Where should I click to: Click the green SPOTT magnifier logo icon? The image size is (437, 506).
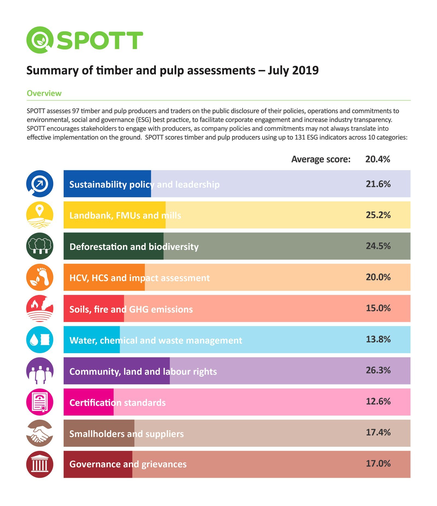pyautogui.click(x=40, y=40)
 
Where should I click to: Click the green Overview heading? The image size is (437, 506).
pyautogui.click(x=44, y=93)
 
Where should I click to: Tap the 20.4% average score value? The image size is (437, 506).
pyautogui.click(x=377, y=159)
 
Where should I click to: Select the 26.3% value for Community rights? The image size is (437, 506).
pyautogui.click(x=378, y=370)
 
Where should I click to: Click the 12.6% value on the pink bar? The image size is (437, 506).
pyautogui.click(x=378, y=401)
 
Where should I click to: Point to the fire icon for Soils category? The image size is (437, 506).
pyautogui.click(x=40, y=308)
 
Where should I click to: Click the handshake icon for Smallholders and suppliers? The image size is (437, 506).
pyautogui.click(x=40, y=433)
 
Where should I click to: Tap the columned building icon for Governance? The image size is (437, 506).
pyautogui.click(x=40, y=464)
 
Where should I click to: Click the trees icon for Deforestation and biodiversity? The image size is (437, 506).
pyautogui.click(x=40, y=246)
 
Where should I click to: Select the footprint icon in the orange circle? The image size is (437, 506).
pyautogui.click(x=40, y=277)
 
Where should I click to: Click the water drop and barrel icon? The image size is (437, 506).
pyautogui.click(x=40, y=340)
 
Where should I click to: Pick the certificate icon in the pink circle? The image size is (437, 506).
pyautogui.click(x=40, y=402)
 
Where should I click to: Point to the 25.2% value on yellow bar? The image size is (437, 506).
pyautogui.click(x=378, y=215)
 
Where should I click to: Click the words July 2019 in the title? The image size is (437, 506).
pyautogui.click(x=293, y=70)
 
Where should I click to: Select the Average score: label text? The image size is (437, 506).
pyautogui.click(x=321, y=159)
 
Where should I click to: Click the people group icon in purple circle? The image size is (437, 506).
pyautogui.click(x=40, y=371)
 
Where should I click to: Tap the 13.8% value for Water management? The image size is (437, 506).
pyautogui.click(x=378, y=339)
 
